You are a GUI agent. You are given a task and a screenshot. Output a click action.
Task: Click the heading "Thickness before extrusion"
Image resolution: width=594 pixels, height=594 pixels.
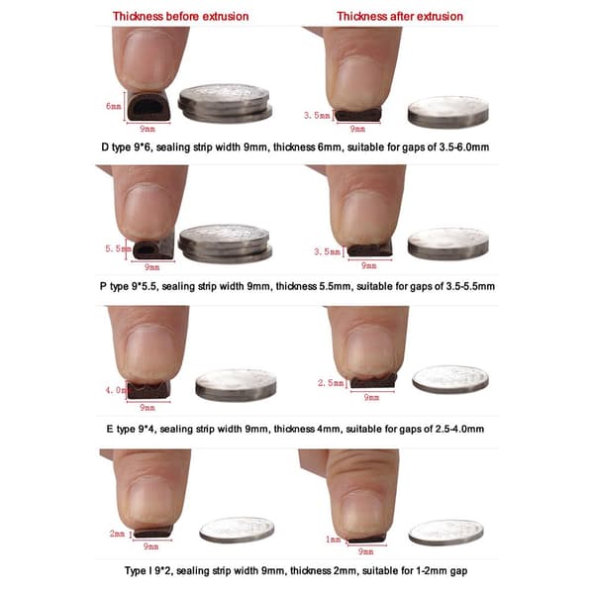[x=180, y=16]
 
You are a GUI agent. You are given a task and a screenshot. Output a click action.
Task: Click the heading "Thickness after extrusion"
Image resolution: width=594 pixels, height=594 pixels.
[x=400, y=16]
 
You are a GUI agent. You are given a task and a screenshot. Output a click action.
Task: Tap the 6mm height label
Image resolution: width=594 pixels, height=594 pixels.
[x=113, y=106]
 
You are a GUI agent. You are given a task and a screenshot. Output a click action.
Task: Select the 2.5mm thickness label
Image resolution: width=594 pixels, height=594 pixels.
[x=331, y=383]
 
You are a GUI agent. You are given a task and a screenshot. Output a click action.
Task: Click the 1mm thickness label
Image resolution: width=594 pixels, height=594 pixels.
[x=333, y=540]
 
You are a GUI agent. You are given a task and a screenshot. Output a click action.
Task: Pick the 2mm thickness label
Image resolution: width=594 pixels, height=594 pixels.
[x=117, y=534]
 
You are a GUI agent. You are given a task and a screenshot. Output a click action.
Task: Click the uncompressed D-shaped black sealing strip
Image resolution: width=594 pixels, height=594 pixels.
[x=148, y=106]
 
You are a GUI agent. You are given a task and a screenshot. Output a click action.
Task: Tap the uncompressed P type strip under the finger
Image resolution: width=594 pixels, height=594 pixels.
[x=153, y=248]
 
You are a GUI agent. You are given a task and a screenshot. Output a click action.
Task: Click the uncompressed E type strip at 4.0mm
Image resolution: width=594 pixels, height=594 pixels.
[x=148, y=389]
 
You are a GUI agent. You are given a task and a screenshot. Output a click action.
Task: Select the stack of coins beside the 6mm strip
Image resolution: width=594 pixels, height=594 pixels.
[x=225, y=103]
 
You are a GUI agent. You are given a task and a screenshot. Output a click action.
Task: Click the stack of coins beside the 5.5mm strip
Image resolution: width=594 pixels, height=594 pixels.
[x=225, y=244]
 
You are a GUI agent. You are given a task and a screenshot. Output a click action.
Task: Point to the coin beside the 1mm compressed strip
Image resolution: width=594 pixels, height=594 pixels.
[x=446, y=533]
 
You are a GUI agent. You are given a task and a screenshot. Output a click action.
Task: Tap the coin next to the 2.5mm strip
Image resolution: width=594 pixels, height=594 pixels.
[x=450, y=379]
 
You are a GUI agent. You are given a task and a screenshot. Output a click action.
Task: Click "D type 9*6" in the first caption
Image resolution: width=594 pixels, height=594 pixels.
[x=126, y=147]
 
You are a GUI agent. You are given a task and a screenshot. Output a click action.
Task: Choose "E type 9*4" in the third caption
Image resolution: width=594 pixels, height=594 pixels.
[x=131, y=429]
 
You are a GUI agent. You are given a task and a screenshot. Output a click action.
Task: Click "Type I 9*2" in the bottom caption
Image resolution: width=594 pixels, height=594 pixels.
[x=148, y=570]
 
